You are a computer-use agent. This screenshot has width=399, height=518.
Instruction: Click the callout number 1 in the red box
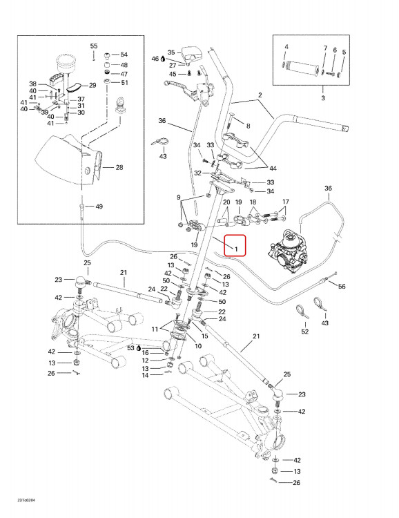tap(236, 249)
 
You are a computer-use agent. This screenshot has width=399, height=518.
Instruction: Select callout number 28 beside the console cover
tap(119, 168)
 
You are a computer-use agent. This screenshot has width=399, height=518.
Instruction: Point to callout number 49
tap(99, 207)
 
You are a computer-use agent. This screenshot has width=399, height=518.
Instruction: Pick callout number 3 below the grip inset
tap(323, 98)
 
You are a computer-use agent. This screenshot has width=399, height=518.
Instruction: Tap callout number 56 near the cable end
tap(342, 287)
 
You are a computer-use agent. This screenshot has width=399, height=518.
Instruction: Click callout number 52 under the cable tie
tap(305, 332)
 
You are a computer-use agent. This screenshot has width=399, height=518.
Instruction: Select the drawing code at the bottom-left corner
tap(26, 500)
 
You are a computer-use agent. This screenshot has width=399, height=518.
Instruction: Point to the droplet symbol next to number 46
tap(163, 59)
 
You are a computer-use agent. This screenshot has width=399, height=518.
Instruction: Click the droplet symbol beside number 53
tap(138, 348)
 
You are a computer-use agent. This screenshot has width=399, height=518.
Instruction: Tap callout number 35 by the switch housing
tap(171, 52)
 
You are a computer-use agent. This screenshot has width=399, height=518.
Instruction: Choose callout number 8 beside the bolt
tap(248, 126)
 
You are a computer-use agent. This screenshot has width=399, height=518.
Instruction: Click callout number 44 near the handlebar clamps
tap(273, 169)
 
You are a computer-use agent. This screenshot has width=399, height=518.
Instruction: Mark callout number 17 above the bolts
tap(286, 202)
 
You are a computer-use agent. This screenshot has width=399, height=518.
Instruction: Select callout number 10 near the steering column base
tap(198, 346)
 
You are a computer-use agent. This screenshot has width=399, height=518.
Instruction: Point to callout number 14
tap(146, 375)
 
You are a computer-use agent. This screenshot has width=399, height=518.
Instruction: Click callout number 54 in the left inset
tap(124, 55)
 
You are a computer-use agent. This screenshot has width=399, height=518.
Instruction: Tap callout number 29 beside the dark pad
tap(93, 85)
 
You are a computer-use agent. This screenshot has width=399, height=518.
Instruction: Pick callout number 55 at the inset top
tap(94, 46)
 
